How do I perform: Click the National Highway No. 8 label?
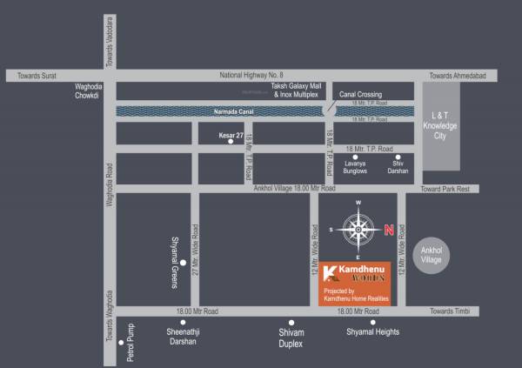pos(251,76)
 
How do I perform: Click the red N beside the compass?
pos(390,231)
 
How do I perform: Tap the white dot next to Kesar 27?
pos(231,141)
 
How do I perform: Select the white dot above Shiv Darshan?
pos(398,157)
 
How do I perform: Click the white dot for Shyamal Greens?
pos(183,261)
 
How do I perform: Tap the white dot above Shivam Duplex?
pos(291,322)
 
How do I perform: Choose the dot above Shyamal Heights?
pos(373,322)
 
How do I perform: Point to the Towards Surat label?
pos(36,76)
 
